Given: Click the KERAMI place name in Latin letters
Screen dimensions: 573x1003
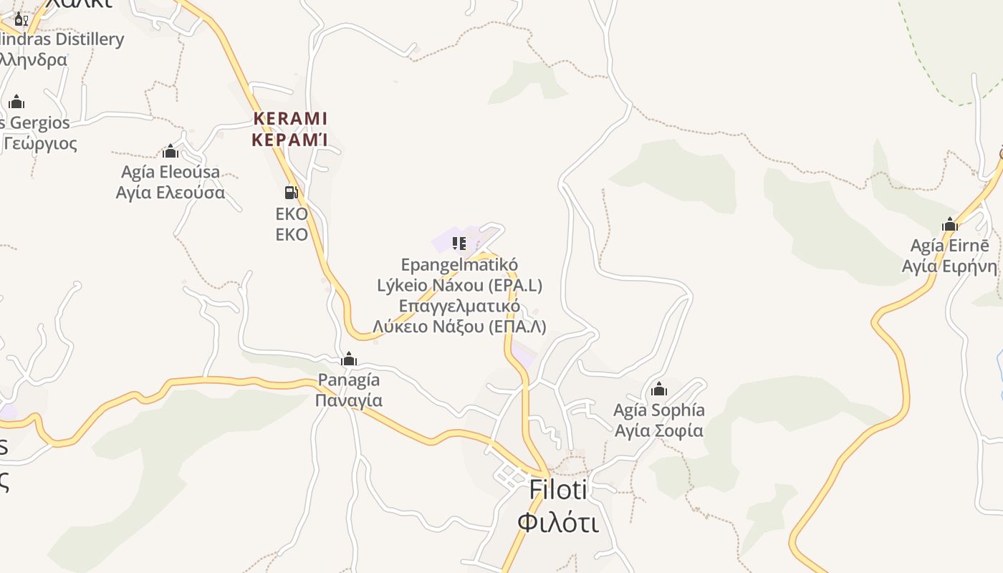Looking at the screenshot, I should pos(290,118).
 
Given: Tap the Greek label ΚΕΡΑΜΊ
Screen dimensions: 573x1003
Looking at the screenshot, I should pos(290,140).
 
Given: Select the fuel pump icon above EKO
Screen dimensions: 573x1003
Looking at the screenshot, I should pos(291,192).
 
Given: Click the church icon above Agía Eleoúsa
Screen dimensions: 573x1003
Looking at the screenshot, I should pos(171,151).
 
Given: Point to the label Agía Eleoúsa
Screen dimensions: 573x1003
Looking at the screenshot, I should pos(171,172).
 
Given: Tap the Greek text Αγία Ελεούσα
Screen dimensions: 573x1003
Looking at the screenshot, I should pos(171,193).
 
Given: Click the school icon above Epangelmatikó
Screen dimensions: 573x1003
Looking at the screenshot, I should pos(459,244).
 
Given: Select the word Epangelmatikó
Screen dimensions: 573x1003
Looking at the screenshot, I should pos(459,265).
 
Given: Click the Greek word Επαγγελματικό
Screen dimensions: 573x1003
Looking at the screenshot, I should pos(459,307).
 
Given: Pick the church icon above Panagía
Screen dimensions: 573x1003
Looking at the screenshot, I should pos(349,359).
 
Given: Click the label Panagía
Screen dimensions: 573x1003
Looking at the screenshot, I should pos(349,380).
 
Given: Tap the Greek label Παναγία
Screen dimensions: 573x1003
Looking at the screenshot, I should pos(349,400).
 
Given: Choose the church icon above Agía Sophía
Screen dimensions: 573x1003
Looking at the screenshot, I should pos(659,390).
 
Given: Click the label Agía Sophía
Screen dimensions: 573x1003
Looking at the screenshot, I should pos(659,410).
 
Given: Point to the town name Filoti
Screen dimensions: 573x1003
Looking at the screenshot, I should pos(558,490).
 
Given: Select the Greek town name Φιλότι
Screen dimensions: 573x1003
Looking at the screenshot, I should pos(558,522).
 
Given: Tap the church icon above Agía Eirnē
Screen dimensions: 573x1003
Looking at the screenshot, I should pos(950,225).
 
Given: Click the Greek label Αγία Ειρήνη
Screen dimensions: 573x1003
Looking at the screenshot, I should pos(949,266).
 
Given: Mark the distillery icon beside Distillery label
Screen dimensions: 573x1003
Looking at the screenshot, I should pos(21,19).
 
